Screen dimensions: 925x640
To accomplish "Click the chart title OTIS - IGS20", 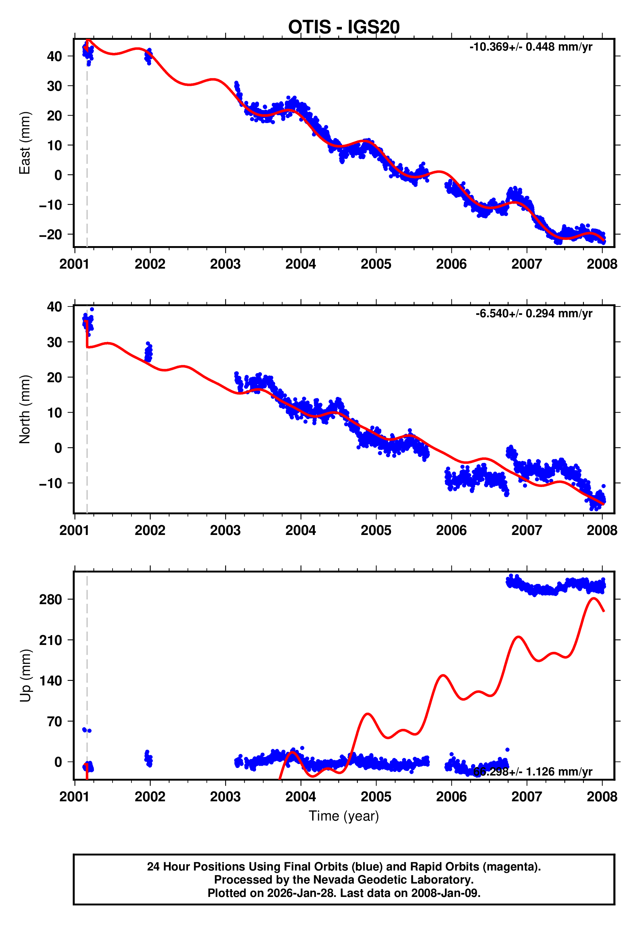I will point(344,27).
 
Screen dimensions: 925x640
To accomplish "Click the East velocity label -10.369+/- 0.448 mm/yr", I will point(530,47).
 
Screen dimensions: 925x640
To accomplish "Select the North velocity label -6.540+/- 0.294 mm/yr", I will point(534,313).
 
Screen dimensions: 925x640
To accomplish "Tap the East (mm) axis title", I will point(25,143).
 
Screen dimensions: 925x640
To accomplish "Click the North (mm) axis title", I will point(25,409).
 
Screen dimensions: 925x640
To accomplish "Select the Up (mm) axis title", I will point(25,676).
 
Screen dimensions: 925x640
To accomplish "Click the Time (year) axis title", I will point(344,816).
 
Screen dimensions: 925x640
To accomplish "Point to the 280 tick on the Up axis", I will point(51,600).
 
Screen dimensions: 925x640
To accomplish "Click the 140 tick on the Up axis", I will point(51,681).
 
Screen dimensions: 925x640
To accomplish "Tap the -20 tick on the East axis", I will point(51,235).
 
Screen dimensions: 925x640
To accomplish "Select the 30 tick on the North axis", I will point(54,342).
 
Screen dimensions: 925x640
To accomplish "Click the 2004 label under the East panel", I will point(300,264).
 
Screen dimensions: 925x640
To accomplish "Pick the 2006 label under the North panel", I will point(451,530).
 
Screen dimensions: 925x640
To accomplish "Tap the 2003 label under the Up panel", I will point(225,797).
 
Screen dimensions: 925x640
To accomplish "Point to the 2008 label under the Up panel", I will point(602,797).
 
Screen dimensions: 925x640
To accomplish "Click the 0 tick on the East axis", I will point(58,175).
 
